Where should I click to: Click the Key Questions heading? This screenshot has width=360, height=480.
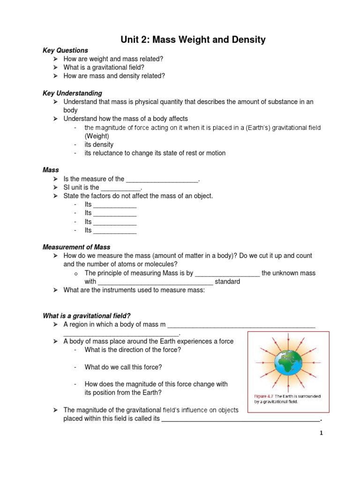(x=65, y=50)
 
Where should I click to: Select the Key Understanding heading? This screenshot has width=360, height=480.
(x=72, y=93)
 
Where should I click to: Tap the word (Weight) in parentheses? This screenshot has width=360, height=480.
(x=97, y=136)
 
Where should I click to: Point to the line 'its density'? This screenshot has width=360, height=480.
(x=99, y=144)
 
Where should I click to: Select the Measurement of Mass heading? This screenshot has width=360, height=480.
(x=76, y=247)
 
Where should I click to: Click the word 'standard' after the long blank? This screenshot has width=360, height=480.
(x=227, y=282)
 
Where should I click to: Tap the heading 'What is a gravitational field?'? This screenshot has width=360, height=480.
(x=90, y=316)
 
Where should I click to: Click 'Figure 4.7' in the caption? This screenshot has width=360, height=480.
(x=261, y=396)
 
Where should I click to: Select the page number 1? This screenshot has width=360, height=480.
(x=321, y=434)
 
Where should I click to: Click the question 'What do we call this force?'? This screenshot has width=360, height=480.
(x=123, y=367)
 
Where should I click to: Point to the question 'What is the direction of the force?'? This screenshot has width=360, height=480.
(x=133, y=350)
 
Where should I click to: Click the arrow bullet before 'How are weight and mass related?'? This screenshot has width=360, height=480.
(x=55, y=59)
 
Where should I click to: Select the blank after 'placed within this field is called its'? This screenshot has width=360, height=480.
(x=240, y=419)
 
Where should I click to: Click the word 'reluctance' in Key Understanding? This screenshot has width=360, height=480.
(x=109, y=153)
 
